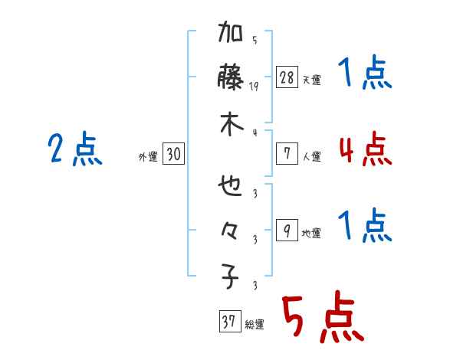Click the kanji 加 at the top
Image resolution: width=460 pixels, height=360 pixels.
231,35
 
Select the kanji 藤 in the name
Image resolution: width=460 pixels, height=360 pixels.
231,80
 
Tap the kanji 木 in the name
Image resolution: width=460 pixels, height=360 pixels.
231,125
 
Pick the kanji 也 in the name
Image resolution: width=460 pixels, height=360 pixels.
231,186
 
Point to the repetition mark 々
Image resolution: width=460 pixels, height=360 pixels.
231,231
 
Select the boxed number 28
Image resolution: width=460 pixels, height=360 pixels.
287,77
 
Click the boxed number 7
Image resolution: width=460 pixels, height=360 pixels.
287,154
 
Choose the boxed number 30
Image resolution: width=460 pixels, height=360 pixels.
173,155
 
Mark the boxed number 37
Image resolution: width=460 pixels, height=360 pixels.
228,322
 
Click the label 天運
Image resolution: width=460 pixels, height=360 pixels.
311,80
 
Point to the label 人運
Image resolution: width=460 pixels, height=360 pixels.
311,156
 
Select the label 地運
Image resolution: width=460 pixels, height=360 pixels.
311,234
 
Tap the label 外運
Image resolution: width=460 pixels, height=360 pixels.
148,157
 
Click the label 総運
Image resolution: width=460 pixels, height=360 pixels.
255,325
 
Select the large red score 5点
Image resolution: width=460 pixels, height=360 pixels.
322,317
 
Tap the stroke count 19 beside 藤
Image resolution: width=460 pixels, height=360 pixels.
255,87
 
